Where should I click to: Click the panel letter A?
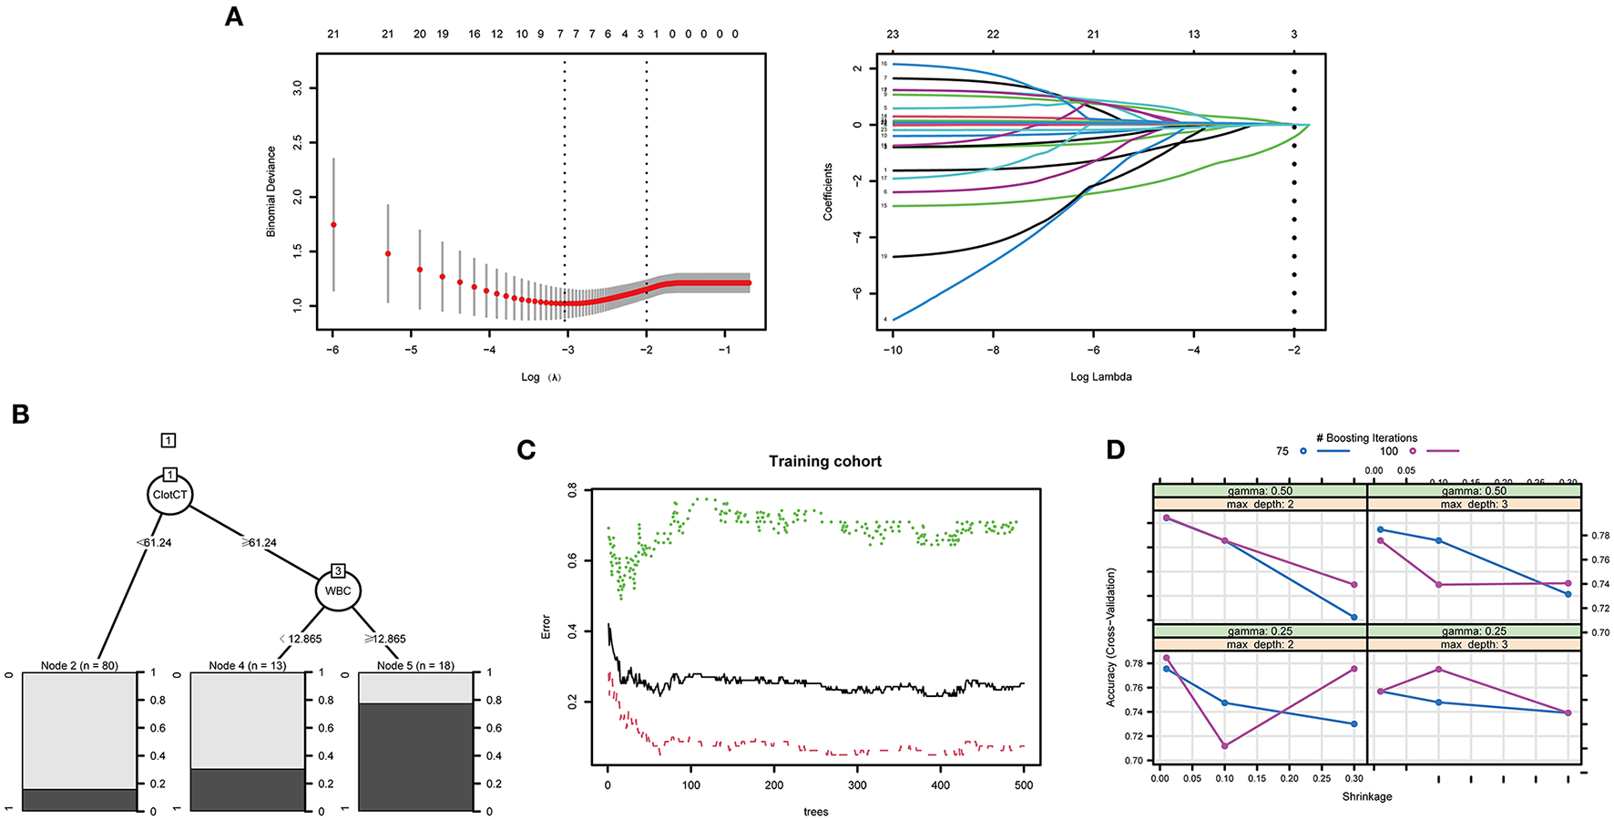(x=234, y=16)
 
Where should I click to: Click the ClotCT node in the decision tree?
(x=170, y=495)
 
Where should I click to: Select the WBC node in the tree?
(x=338, y=590)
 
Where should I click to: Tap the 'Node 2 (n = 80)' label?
(x=79, y=666)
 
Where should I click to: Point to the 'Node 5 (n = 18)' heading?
(x=415, y=666)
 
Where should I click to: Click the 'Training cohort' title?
(x=824, y=461)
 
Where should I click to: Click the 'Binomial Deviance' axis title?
(x=271, y=191)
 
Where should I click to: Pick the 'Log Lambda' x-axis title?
(x=1100, y=376)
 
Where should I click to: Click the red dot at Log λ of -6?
(x=333, y=224)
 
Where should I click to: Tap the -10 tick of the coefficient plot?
(x=893, y=350)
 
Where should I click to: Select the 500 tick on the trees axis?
(x=1024, y=785)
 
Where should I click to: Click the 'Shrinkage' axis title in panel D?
(x=1366, y=796)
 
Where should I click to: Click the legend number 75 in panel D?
(x=1282, y=451)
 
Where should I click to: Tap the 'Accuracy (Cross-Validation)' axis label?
(x=1110, y=637)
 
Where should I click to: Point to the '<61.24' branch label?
(x=153, y=542)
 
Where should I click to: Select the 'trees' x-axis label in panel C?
(x=815, y=811)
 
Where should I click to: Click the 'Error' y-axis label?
(x=546, y=626)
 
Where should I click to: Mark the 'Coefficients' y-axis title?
(x=828, y=191)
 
